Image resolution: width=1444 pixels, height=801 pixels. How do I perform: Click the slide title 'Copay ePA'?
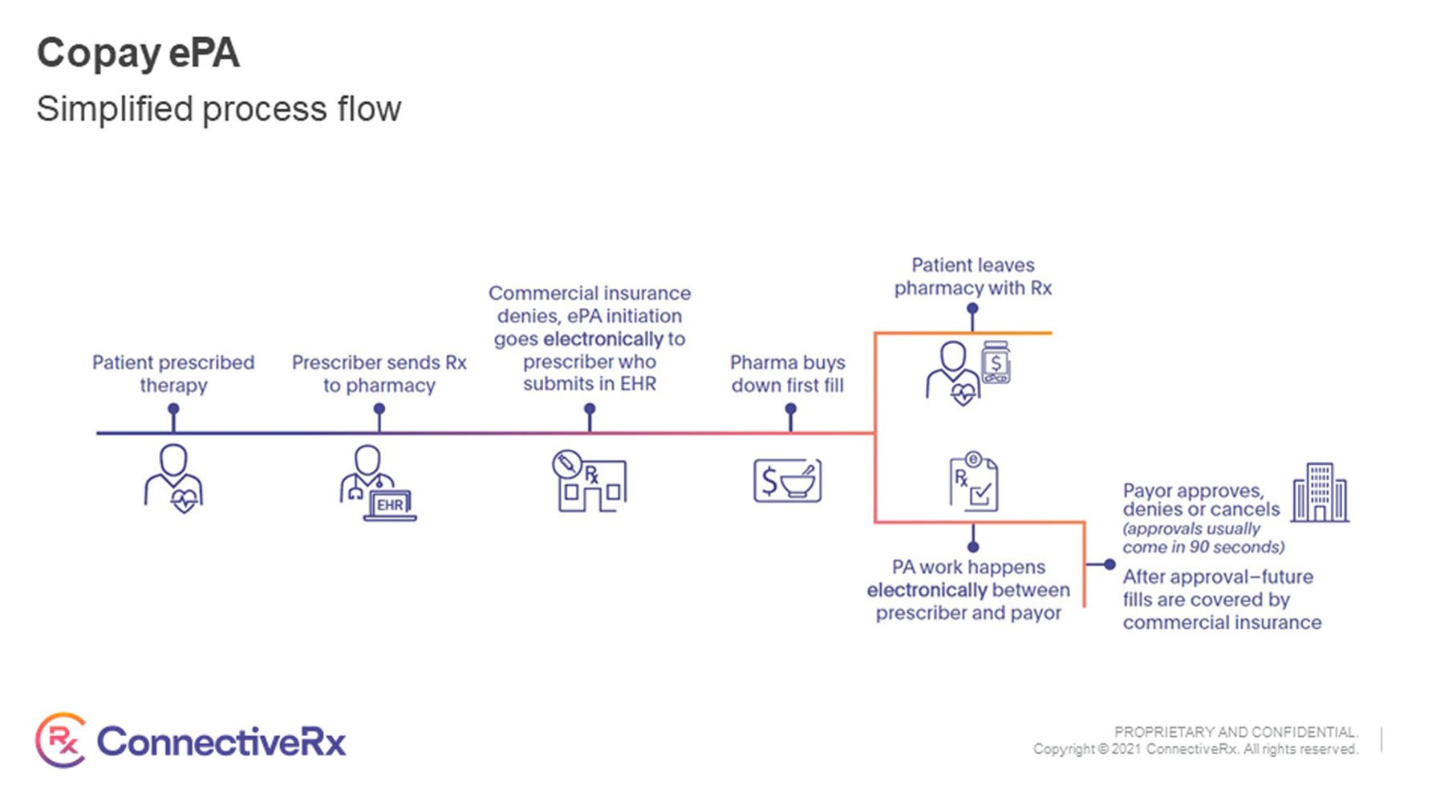click(x=138, y=54)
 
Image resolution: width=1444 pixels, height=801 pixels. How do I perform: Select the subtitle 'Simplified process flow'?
click(x=218, y=109)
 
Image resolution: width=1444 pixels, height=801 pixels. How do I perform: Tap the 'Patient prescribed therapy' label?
click(x=173, y=374)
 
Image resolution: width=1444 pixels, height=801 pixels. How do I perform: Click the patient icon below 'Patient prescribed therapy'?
click(x=174, y=479)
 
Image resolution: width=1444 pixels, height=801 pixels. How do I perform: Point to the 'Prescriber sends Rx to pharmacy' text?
click(x=379, y=374)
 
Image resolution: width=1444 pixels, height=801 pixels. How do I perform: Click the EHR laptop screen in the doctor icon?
click(x=391, y=504)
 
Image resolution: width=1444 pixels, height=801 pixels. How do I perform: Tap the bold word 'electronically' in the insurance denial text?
click(x=603, y=339)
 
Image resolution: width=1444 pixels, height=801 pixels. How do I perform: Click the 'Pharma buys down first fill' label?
click(x=788, y=374)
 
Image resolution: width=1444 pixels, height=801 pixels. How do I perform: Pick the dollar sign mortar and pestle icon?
click(x=787, y=480)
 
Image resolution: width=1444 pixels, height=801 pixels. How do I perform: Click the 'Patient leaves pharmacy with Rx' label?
click(x=973, y=277)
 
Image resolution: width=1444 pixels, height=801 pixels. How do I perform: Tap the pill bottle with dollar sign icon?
click(x=996, y=362)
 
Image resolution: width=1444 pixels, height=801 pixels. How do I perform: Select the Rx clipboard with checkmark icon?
click(x=974, y=482)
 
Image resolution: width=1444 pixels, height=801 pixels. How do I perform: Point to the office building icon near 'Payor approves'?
click(x=1320, y=492)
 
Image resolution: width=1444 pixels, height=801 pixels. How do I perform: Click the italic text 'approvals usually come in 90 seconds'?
click(x=1203, y=538)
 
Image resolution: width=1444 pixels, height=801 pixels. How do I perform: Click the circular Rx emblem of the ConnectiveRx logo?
click(x=61, y=740)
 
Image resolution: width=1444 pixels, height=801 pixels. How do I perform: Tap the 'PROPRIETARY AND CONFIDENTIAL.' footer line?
click(x=1235, y=732)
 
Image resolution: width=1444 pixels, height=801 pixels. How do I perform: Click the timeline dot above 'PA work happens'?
click(x=973, y=547)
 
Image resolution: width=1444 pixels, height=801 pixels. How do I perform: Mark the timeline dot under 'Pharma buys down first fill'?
click(x=791, y=408)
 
